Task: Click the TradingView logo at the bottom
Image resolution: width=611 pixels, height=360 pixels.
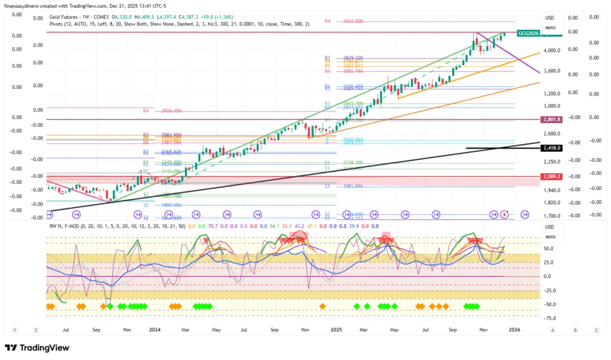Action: pyautogui.click(x=35, y=348)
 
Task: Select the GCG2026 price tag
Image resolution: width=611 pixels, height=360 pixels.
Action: pyautogui.click(x=529, y=33)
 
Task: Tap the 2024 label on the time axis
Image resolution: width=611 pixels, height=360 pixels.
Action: pyautogui.click(x=155, y=329)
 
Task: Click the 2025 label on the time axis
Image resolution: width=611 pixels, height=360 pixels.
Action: pyautogui.click(x=336, y=329)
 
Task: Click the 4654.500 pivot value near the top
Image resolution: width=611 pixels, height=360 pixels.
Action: pyautogui.click(x=353, y=21)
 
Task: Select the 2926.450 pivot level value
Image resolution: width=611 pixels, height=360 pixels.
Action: pyautogui.click(x=171, y=110)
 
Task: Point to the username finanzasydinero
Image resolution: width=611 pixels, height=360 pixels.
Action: pyautogui.click(x=25, y=7)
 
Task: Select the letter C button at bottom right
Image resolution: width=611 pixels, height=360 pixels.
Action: pyautogui.click(x=596, y=330)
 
